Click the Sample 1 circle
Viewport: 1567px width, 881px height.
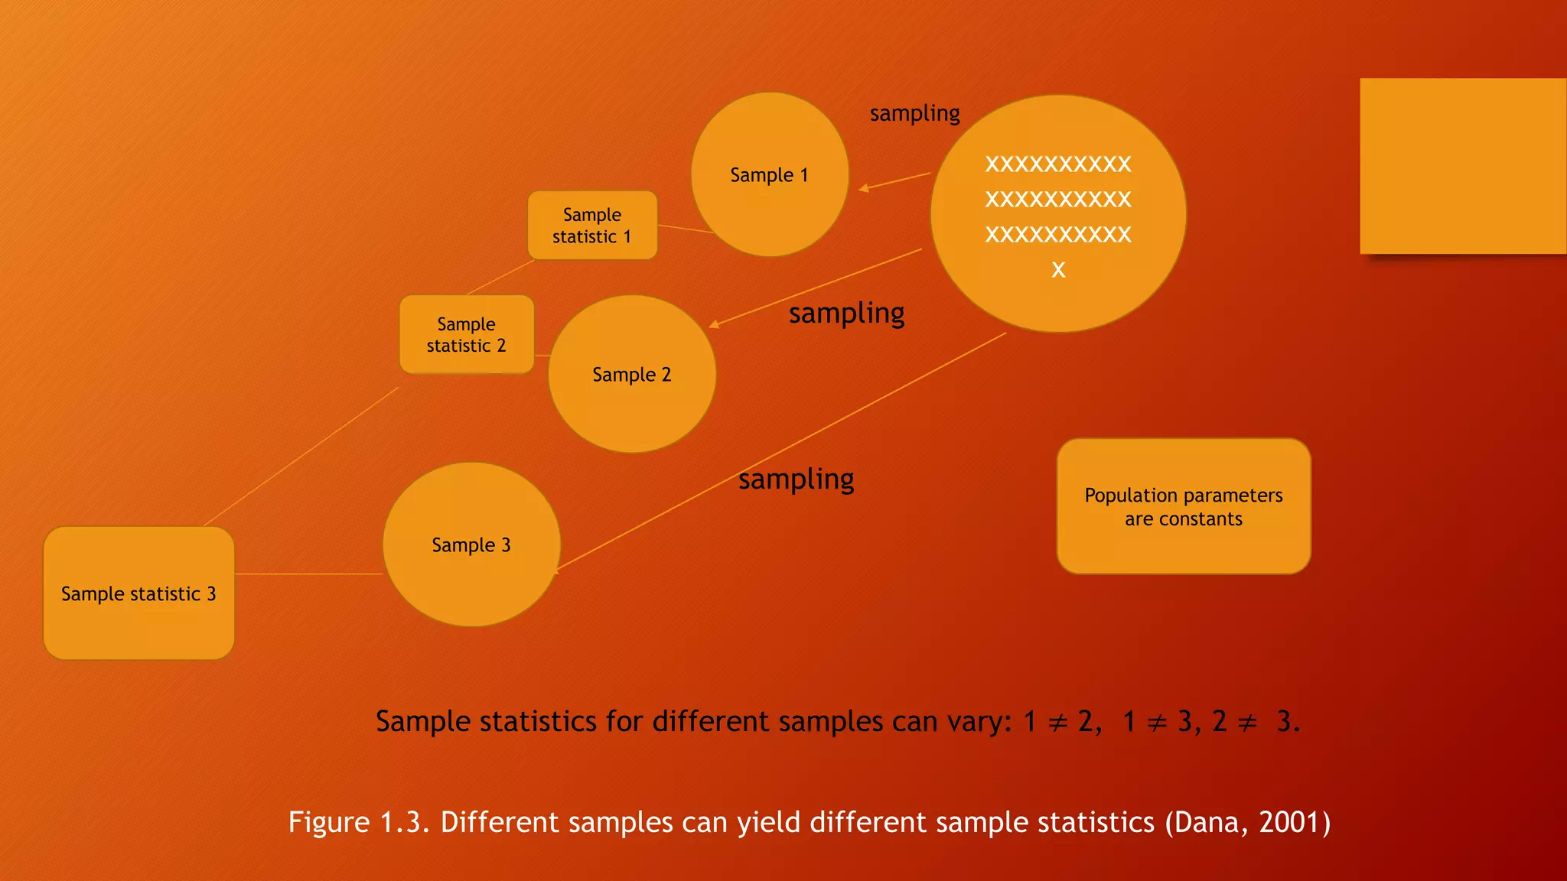click(x=769, y=175)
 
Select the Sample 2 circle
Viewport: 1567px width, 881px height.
click(x=632, y=375)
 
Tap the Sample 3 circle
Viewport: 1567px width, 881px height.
click(x=471, y=545)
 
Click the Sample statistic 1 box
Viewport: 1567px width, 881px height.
click(x=592, y=226)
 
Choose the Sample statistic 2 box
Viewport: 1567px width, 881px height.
click(x=466, y=335)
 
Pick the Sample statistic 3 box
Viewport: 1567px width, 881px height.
click(x=138, y=593)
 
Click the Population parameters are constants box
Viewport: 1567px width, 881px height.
click(x=1184, y=506)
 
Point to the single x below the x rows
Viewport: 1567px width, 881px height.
click(x=1058, y=269)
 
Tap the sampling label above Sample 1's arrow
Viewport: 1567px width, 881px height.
click(x=914, y=114)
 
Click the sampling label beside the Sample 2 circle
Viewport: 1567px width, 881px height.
click(x=846, y=314)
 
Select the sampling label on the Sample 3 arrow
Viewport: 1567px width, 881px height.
click(x=796, y=480)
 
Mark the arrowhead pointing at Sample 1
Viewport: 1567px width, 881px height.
click(x=863, y=188)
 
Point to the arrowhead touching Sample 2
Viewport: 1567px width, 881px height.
click(x=713, y=325)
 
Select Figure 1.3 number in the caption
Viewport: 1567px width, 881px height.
click(x=399, y=822)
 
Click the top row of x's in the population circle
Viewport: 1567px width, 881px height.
click(x=1058, y=164)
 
